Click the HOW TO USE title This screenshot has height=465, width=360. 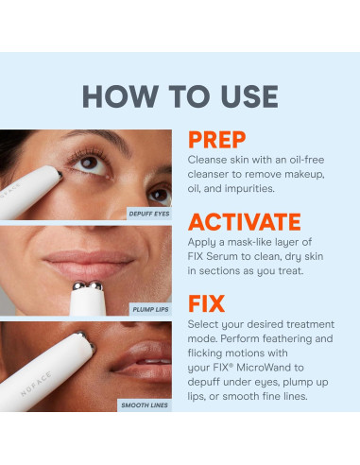point(180,95)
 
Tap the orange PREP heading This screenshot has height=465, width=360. point(217,141)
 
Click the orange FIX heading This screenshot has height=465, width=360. point(206,303)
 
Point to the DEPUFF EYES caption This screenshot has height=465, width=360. point(148,215)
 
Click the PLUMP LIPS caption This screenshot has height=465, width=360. point(151,309)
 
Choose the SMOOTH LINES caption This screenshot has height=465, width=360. point(146,405)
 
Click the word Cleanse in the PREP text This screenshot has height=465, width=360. point(211,159)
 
